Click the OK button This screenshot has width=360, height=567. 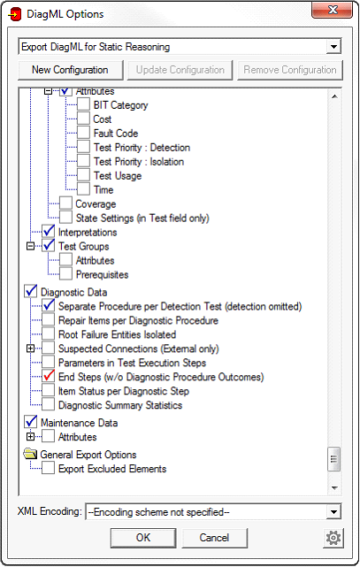pyautogui.click(x=143, y=538)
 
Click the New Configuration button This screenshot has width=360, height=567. pyautogui.click(x=70, y=70)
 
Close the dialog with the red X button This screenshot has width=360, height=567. pyautogui.click(x=332, y=10)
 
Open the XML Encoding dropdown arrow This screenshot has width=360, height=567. pyautogui.click(x=333, y=512)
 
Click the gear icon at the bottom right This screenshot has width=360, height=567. pyautogui.click(x=333, y=538)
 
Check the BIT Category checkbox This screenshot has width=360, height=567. pyautogui.click(x=83, y=105)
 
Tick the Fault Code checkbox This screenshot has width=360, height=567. pyautogui.click(x=83, y=133)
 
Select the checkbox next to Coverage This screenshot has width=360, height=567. pyautogui.click(x=65, y=203)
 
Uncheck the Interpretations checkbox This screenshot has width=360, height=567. pyautogui.click(x=49, y=232)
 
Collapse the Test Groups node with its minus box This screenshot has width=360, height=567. pyautogui.click(x=31, y=246)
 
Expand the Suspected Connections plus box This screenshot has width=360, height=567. pyautogui.click(x=31, y=349)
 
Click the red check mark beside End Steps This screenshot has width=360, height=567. pyautogui.click(x=49, y=377)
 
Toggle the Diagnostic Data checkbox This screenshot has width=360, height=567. pyautogui.click(x=31, y=291)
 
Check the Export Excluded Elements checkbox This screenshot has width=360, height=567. pyautogui.click(x=49, y=468)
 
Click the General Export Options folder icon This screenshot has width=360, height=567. pyautogui.click(x=30, y=454)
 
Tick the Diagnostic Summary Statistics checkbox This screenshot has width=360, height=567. pyautogui.click(x=49, y=404)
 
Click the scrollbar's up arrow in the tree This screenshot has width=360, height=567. pyautogui.click(x=334, y=96)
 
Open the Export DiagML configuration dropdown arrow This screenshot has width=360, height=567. pyautogui.click(x=333, y=47)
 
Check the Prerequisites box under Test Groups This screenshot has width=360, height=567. pyautogui.click(x=65, y=274)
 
